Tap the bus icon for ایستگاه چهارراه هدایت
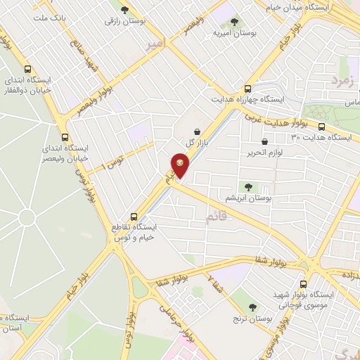click(x=247, y=89)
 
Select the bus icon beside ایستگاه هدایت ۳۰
click(x=322, y=127)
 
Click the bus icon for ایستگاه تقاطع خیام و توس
click(x=134, y=217)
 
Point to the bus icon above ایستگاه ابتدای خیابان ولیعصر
click(x=65, y=138)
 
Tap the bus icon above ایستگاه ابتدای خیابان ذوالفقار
click(x=27, y=69)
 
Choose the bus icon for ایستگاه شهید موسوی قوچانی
click(x=303, y=285)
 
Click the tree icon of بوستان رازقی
click(x=125, y=11)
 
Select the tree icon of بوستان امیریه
click(x=234, y=22)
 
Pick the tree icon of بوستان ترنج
click(x=252, y=307)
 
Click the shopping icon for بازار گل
click(x=196, y=131)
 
